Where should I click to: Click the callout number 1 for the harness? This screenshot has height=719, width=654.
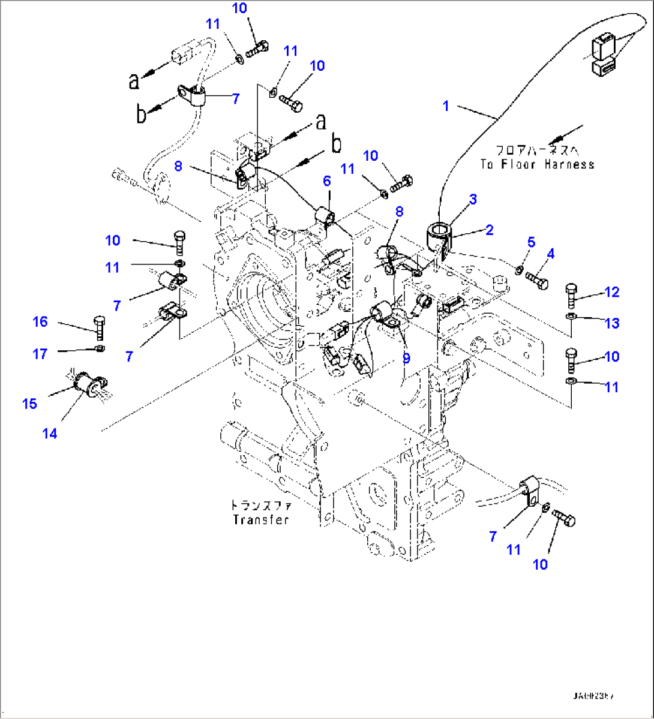446,106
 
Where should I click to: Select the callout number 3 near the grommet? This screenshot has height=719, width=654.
473,199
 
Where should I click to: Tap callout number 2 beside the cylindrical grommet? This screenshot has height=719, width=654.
490,229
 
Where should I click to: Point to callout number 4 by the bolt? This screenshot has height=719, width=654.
550,254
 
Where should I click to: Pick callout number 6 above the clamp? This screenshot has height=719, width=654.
327,180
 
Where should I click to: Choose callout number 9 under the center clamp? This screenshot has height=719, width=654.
406,359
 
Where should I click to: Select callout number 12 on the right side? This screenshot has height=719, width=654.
611,292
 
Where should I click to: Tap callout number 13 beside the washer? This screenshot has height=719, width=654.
611,324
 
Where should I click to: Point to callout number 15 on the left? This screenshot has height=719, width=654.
29,404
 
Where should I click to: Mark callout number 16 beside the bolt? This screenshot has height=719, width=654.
40,322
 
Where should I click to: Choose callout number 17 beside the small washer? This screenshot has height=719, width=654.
40,354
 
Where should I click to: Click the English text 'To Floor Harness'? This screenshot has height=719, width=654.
537,164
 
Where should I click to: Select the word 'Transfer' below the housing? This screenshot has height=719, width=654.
261,520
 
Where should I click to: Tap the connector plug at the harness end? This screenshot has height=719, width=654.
602,56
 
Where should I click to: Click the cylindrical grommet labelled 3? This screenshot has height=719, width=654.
439,234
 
